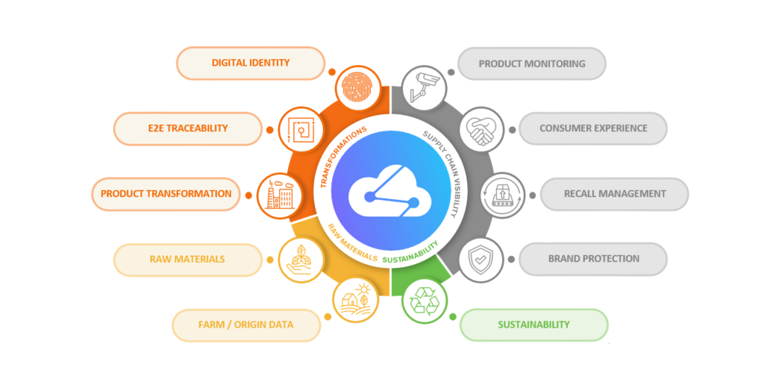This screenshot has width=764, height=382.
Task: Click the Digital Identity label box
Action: click(x=251, y=63)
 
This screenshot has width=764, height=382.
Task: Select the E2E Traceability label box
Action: click(x=187, y=128)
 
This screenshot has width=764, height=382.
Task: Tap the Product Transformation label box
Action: click(x=166, y=194)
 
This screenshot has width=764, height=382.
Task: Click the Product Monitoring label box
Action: click(x=531, y=63)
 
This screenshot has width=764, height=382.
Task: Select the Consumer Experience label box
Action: click(x=592, y=128)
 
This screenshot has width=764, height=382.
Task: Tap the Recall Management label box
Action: click(x=614, y=194)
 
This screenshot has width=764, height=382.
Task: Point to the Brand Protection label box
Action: click(x=592, y=259)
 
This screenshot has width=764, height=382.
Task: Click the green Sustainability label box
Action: click(x=533, y=325)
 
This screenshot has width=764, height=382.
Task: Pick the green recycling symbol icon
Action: click(x=424, y=301)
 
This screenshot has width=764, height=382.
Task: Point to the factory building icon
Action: click(x=278, y=195)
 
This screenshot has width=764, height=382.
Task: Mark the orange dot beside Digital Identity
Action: click(x=332, y=72)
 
